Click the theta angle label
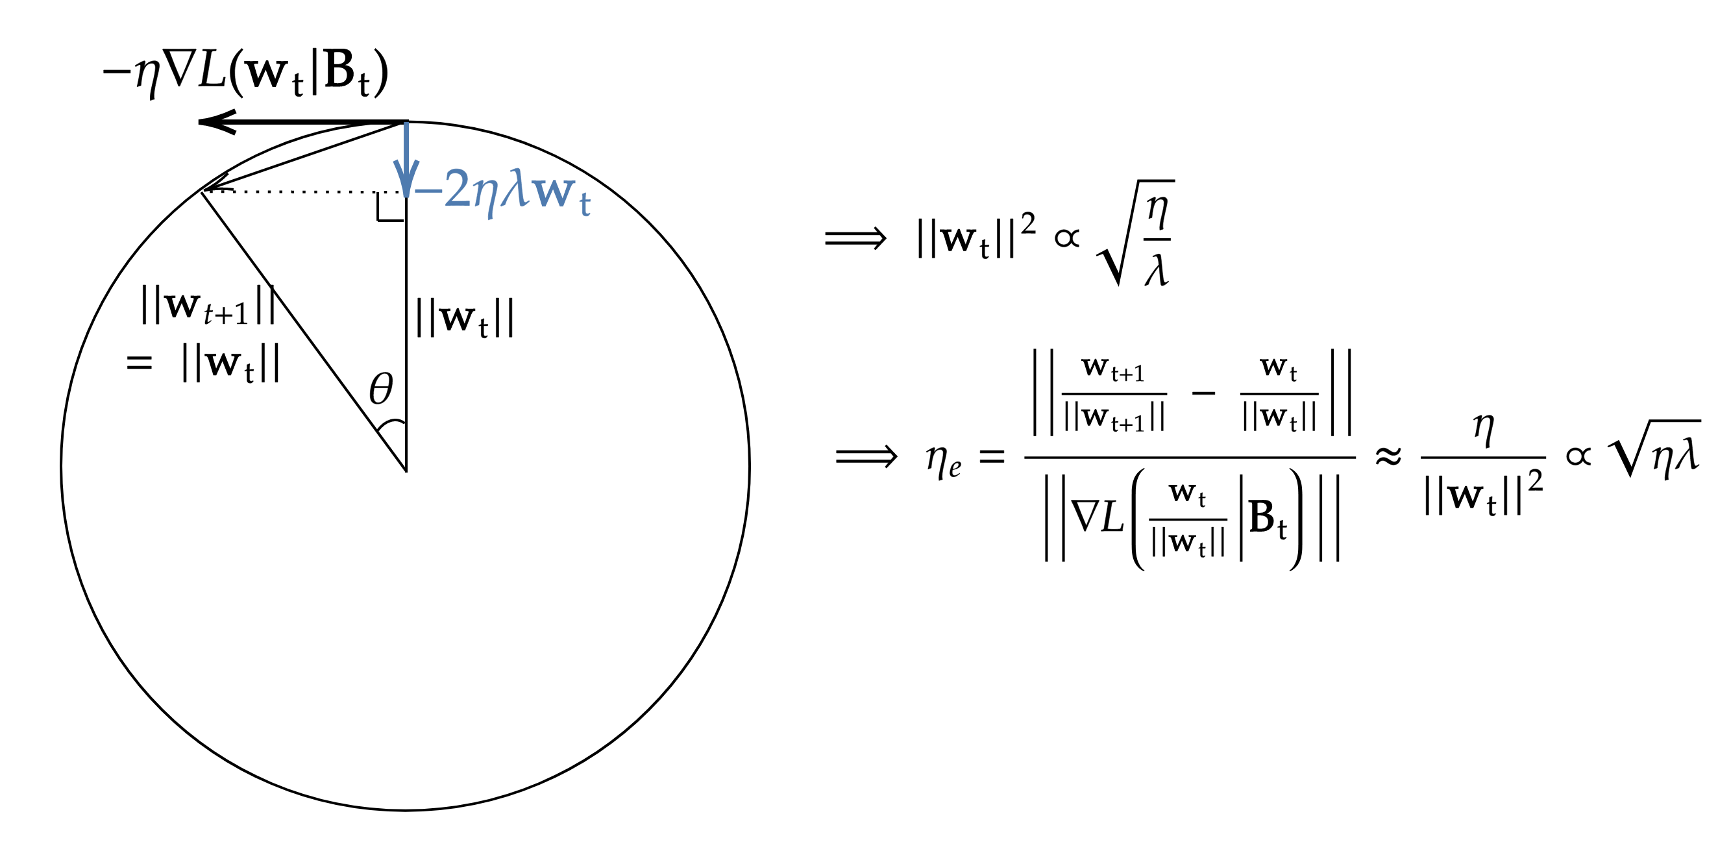pos(382,389)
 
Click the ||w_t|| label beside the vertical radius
pos(465,319)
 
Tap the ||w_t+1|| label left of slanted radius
pos(208,306)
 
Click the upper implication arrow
pos(855,238)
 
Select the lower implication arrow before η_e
pos(866,457)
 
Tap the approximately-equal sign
pos(1388,457)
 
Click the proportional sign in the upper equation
pos(1067,238)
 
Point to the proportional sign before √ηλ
pos(1578,456)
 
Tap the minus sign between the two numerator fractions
pos(1203,393)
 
